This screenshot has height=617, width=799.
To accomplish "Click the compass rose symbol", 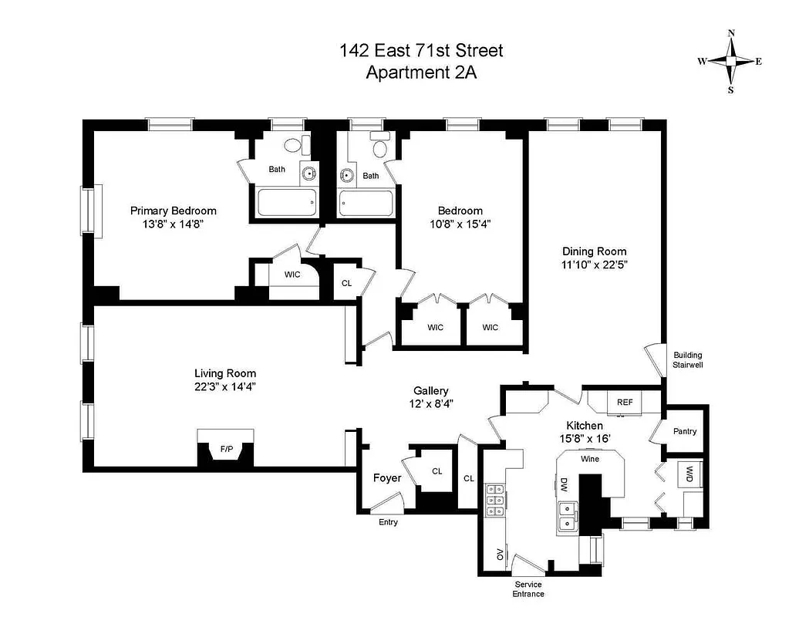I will click(x=730, y=61).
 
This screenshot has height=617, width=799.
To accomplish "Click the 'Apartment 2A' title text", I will click(x=421, y=73).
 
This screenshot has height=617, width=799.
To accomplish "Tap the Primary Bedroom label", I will click(x=173, y=211).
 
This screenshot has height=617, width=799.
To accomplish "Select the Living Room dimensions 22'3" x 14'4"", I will click(x=224, y=387).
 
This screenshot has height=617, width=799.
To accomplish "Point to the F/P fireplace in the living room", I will click(x=226, y=448).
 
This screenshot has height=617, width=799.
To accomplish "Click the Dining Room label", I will click(x=594, y=251).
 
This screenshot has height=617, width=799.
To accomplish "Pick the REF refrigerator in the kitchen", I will click(x=625, y=402).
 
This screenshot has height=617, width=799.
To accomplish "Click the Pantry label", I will click(x=684, y=431).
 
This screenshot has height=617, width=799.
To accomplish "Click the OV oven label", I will click(x=500, y=553).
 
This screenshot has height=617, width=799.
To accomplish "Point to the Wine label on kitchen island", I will click(x=590, y=458).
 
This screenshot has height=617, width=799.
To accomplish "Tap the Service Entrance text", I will click(x=528, y=589).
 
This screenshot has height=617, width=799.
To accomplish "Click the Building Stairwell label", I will click(x=688, y=360).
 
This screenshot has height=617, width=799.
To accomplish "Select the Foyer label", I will click(x=386, y=478).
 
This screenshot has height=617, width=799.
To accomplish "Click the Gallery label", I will click(x=430, y=391).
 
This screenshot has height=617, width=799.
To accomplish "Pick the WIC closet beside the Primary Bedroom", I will click(x=292, y=275).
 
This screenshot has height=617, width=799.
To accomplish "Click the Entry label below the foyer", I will click(x=388, y=522).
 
